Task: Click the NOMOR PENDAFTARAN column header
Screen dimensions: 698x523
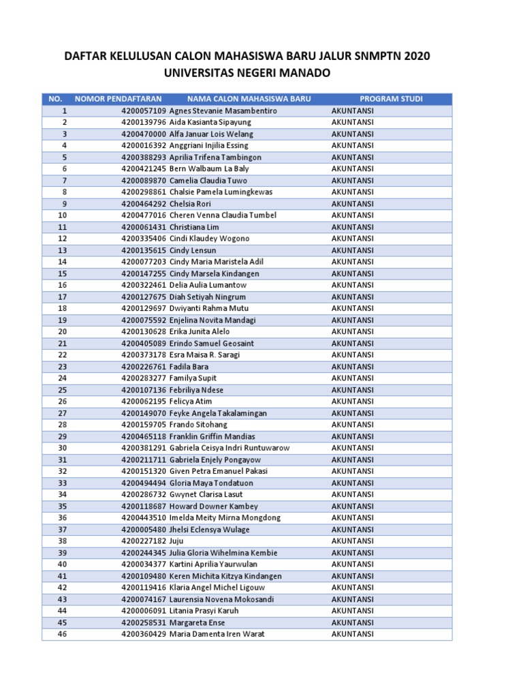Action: [118, 99]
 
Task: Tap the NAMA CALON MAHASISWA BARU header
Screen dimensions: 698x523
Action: [249, 99]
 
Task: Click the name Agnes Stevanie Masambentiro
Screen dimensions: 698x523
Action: [223, 110]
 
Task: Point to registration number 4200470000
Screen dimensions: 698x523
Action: [144, 134]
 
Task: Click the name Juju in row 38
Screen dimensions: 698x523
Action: [177, 541]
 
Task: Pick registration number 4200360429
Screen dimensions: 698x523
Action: [144, 634]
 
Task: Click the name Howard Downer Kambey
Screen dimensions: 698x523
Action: [214, 506]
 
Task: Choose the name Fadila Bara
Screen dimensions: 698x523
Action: [189, 367]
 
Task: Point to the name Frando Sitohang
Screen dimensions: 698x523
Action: [198, 425]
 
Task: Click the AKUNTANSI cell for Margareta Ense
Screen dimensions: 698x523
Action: [352, 622]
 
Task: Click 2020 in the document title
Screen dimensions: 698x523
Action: [417, 56]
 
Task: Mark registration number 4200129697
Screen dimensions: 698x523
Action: [144, 308]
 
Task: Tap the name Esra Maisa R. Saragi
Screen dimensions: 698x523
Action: [204, 355]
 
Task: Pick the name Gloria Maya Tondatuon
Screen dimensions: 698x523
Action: [210, 483]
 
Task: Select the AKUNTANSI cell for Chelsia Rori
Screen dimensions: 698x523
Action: [352, 204]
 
